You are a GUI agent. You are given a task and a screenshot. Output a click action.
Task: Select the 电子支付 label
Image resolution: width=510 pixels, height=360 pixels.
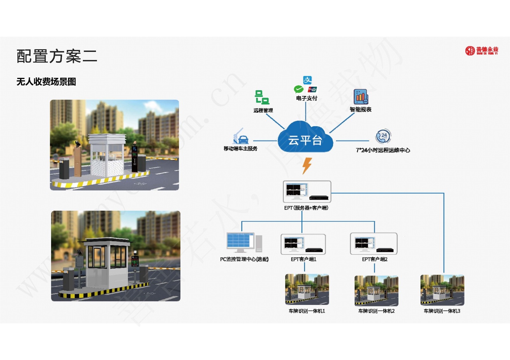tap(306, 98)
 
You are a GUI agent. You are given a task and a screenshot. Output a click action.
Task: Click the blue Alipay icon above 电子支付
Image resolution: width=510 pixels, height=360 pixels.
tap(307, 80)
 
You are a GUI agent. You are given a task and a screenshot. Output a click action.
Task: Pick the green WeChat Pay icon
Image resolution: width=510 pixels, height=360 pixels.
tap(299, 89)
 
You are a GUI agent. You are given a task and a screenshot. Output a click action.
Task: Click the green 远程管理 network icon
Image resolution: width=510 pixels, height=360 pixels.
tap(262, 97)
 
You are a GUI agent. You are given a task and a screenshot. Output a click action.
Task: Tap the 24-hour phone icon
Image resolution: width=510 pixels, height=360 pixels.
tap(383, 137)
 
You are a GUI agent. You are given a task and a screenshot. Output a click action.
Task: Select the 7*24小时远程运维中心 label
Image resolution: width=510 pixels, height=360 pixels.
tap(383, 150)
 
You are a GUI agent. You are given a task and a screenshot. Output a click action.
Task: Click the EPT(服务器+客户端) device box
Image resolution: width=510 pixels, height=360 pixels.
tap(307, 191)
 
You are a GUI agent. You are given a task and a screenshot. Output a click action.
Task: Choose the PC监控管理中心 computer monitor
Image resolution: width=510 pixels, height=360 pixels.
tap(241, 243)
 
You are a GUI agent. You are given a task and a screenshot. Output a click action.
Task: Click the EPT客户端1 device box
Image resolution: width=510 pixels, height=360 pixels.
tap(303, 244)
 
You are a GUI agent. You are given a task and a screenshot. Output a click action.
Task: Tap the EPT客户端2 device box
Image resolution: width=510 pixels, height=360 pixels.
tap(374, 244)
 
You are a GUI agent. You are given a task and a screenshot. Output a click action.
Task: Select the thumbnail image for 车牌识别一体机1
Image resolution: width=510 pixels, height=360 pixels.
tap(307, 289)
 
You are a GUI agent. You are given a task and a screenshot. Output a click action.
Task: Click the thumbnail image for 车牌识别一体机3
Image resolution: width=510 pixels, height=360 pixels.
tap(442, 290)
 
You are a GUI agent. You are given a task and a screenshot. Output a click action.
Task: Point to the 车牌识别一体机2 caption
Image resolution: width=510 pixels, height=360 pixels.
tap(376, 311)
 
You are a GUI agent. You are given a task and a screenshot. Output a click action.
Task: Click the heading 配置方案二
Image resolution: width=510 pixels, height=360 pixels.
tap(57, 56)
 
